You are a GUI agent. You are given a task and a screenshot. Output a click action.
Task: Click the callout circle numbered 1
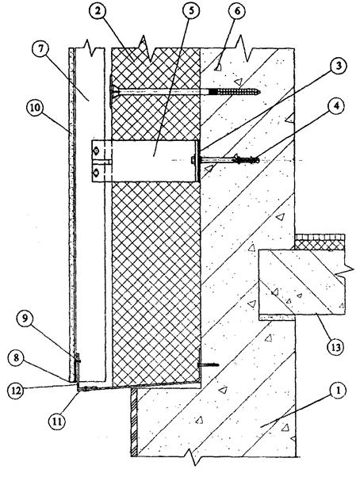pyautogui.click(x=336, y=391)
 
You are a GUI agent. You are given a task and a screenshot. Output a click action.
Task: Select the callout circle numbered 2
pyautogui.click(x=99, y=13)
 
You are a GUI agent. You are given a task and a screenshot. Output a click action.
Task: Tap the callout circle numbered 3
pyautogui.click(x=336, y=67)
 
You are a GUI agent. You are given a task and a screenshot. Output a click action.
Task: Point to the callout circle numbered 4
pyautogui.click(x=336, y=107)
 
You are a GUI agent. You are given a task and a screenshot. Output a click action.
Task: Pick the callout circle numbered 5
pyautogui.click(x=191, y=10)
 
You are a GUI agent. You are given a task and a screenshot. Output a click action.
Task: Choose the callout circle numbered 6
pyautogui.click(x=237, y=11)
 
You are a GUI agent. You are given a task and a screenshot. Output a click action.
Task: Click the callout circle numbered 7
pyautogui.click(x=41, y=50)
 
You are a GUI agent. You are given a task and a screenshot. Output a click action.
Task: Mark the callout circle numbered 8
pyautogui.click(x=17, y=358)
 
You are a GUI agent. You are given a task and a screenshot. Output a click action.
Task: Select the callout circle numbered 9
pyautogui.click(x=25, y=319)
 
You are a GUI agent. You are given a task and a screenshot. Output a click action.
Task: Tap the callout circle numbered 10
pyautogui.click(x=35, y=109)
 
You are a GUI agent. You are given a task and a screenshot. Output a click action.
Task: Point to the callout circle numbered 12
pyautogui.click(x=17, y=390)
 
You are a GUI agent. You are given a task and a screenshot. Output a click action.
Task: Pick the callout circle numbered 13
pyautogui.click(x=335, y=346)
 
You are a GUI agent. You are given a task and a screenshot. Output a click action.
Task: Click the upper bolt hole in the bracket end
pyautogui.click(x=97, y=151)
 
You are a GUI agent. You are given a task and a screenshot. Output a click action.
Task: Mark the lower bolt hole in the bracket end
pyautogui.click(x=97, y=174)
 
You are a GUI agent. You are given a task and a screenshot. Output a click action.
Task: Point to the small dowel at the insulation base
pyautogui.click(x=208, y=364)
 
